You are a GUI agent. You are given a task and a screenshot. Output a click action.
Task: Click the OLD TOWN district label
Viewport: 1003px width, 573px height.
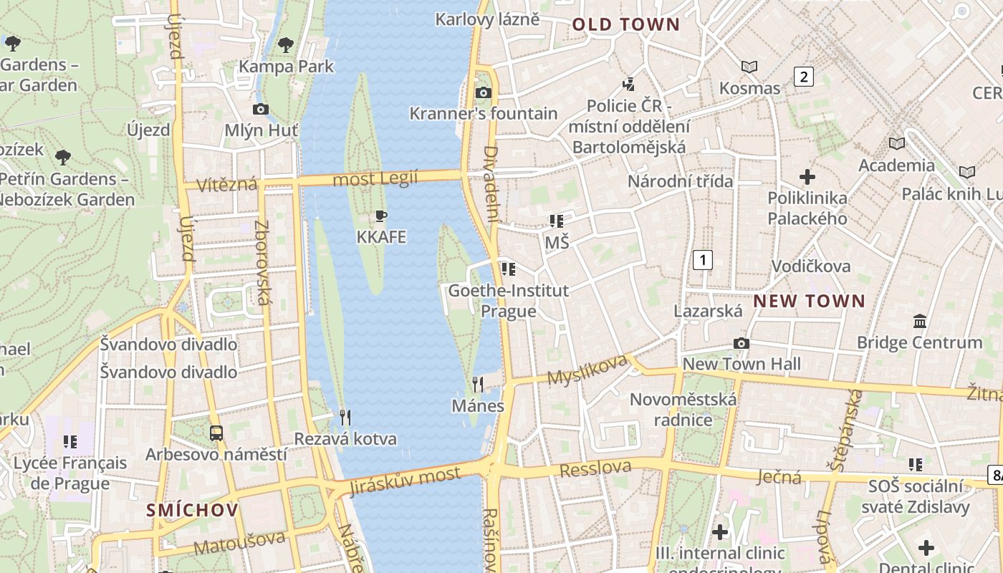tap(625, 24)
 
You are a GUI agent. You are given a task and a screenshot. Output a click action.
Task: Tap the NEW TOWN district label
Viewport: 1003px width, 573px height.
tap(809, 301)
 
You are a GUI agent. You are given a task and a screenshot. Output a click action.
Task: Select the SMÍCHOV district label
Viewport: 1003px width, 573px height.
tap(192, 510)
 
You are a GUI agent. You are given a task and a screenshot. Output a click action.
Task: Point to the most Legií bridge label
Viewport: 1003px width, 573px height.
tap(375, 178)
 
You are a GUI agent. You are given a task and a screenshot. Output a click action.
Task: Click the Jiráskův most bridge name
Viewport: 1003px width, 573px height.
tap(405, 480)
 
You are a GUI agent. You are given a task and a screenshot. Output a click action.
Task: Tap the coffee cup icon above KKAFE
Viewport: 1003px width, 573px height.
tap(381, 216)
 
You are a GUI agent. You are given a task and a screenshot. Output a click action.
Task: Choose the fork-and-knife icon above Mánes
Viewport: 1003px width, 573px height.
tap(478, 385)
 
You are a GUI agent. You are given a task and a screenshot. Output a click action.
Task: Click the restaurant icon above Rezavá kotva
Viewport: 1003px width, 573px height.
tap(345, 417)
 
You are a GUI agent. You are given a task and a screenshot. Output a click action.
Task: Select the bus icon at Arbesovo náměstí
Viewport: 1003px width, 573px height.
tap(216, 433)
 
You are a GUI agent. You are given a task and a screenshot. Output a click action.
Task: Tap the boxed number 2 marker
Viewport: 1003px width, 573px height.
tap(804, 77)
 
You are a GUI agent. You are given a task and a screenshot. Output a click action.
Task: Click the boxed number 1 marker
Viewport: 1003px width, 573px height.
tap(703, 259)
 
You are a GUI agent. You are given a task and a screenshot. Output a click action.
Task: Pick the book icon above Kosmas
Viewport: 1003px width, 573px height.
tap(749, 67)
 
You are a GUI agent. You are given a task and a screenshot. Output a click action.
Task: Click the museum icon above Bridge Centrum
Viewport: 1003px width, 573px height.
tap(920, 321)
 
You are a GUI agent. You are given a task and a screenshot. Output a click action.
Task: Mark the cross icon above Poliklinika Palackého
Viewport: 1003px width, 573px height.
tap(807, 176)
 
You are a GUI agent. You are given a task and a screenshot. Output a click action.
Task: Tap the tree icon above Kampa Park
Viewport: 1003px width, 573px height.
tap(286, 45)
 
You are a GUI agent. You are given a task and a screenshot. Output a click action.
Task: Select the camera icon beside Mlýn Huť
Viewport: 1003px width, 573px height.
tap(261, 109)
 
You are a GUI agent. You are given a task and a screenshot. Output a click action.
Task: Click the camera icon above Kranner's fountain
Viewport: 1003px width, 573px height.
tap(484, 92)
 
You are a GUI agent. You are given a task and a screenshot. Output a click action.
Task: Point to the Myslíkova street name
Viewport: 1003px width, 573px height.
tap(587, 370)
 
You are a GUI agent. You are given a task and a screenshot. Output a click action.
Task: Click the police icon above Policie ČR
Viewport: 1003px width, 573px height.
tap(629, 85)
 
